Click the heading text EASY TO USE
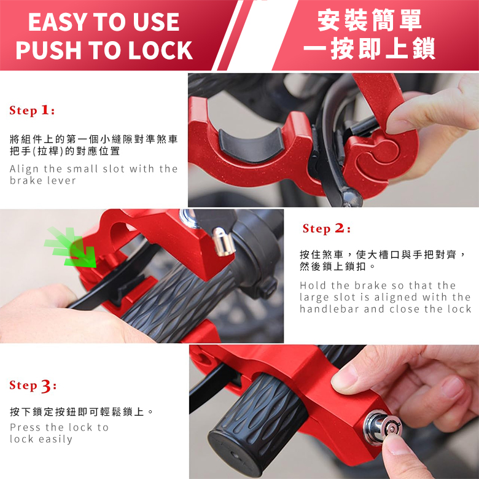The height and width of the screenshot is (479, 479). [104, 22]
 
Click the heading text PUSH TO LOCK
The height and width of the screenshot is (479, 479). [104, 50]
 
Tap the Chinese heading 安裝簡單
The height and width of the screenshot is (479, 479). [370, 20]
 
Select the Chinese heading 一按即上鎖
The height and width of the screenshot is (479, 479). [370, 48]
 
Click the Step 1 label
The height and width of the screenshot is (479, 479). [32, 111]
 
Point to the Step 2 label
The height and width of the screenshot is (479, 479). [326, 229]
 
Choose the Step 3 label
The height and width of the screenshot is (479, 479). [33, 386]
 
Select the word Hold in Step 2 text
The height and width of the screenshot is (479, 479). [313, 286]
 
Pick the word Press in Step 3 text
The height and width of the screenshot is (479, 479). [25, 427]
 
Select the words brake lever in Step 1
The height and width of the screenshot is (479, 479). [43, 181]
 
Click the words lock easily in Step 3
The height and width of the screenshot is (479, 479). [41, 439]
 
